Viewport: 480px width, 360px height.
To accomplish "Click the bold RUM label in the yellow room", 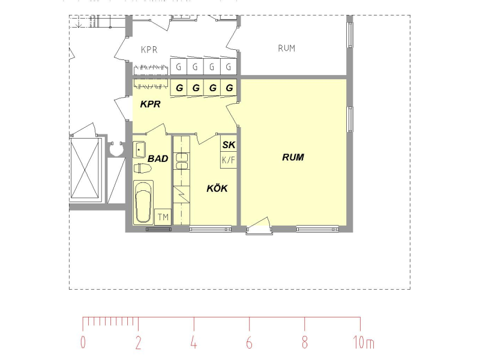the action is pyautogui.click(x=293, y=157).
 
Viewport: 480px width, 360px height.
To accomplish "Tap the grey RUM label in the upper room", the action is pyautogui.click(x=287, y=49).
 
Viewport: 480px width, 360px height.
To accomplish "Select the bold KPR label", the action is pyautogui.click(x=151, y=104).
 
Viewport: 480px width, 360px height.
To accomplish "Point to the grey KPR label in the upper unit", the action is pyautogui.click(x=149, y=50).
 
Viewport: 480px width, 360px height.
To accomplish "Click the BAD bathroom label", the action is pyautogui.click(x=158, y=158).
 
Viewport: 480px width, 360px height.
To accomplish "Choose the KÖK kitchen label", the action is pyautogui.click(x=217, y=188).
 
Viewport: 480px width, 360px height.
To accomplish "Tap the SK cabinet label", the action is pyautogui.click(x=229, y=145).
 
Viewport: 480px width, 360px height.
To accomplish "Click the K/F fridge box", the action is pyautogui.click(x=229, y=160).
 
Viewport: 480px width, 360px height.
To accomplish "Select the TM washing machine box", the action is pyautogui.click(x=163, y=217).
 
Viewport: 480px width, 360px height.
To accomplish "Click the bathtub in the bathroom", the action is pyautogui.click(x=143, y=202).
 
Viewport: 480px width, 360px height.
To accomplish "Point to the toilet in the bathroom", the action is pyautogui.click(x=143, y=169).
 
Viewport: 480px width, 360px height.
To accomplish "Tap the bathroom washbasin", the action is pyautogui.click(x=139, y=149).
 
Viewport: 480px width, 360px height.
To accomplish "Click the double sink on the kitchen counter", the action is pyautogui.click(x=182, y=161).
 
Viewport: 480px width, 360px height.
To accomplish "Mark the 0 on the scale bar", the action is pyautogui.click(x=83, y=342).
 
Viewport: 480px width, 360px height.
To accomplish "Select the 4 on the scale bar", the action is pyautogui.click(x=193, y=342).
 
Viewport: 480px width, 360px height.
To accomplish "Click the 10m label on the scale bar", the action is pyautogui.click(x=364, y=342).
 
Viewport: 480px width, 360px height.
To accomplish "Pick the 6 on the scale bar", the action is pyautogui.click(x=249, y=342).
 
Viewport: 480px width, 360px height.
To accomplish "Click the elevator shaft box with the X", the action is pyautogui.click(x=85, y=169).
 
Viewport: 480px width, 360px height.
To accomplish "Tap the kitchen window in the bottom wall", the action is pyautogui.click(x=211, y=229).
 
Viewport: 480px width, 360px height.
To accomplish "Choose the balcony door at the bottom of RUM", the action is pyautogui.click(x=259, y=227).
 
